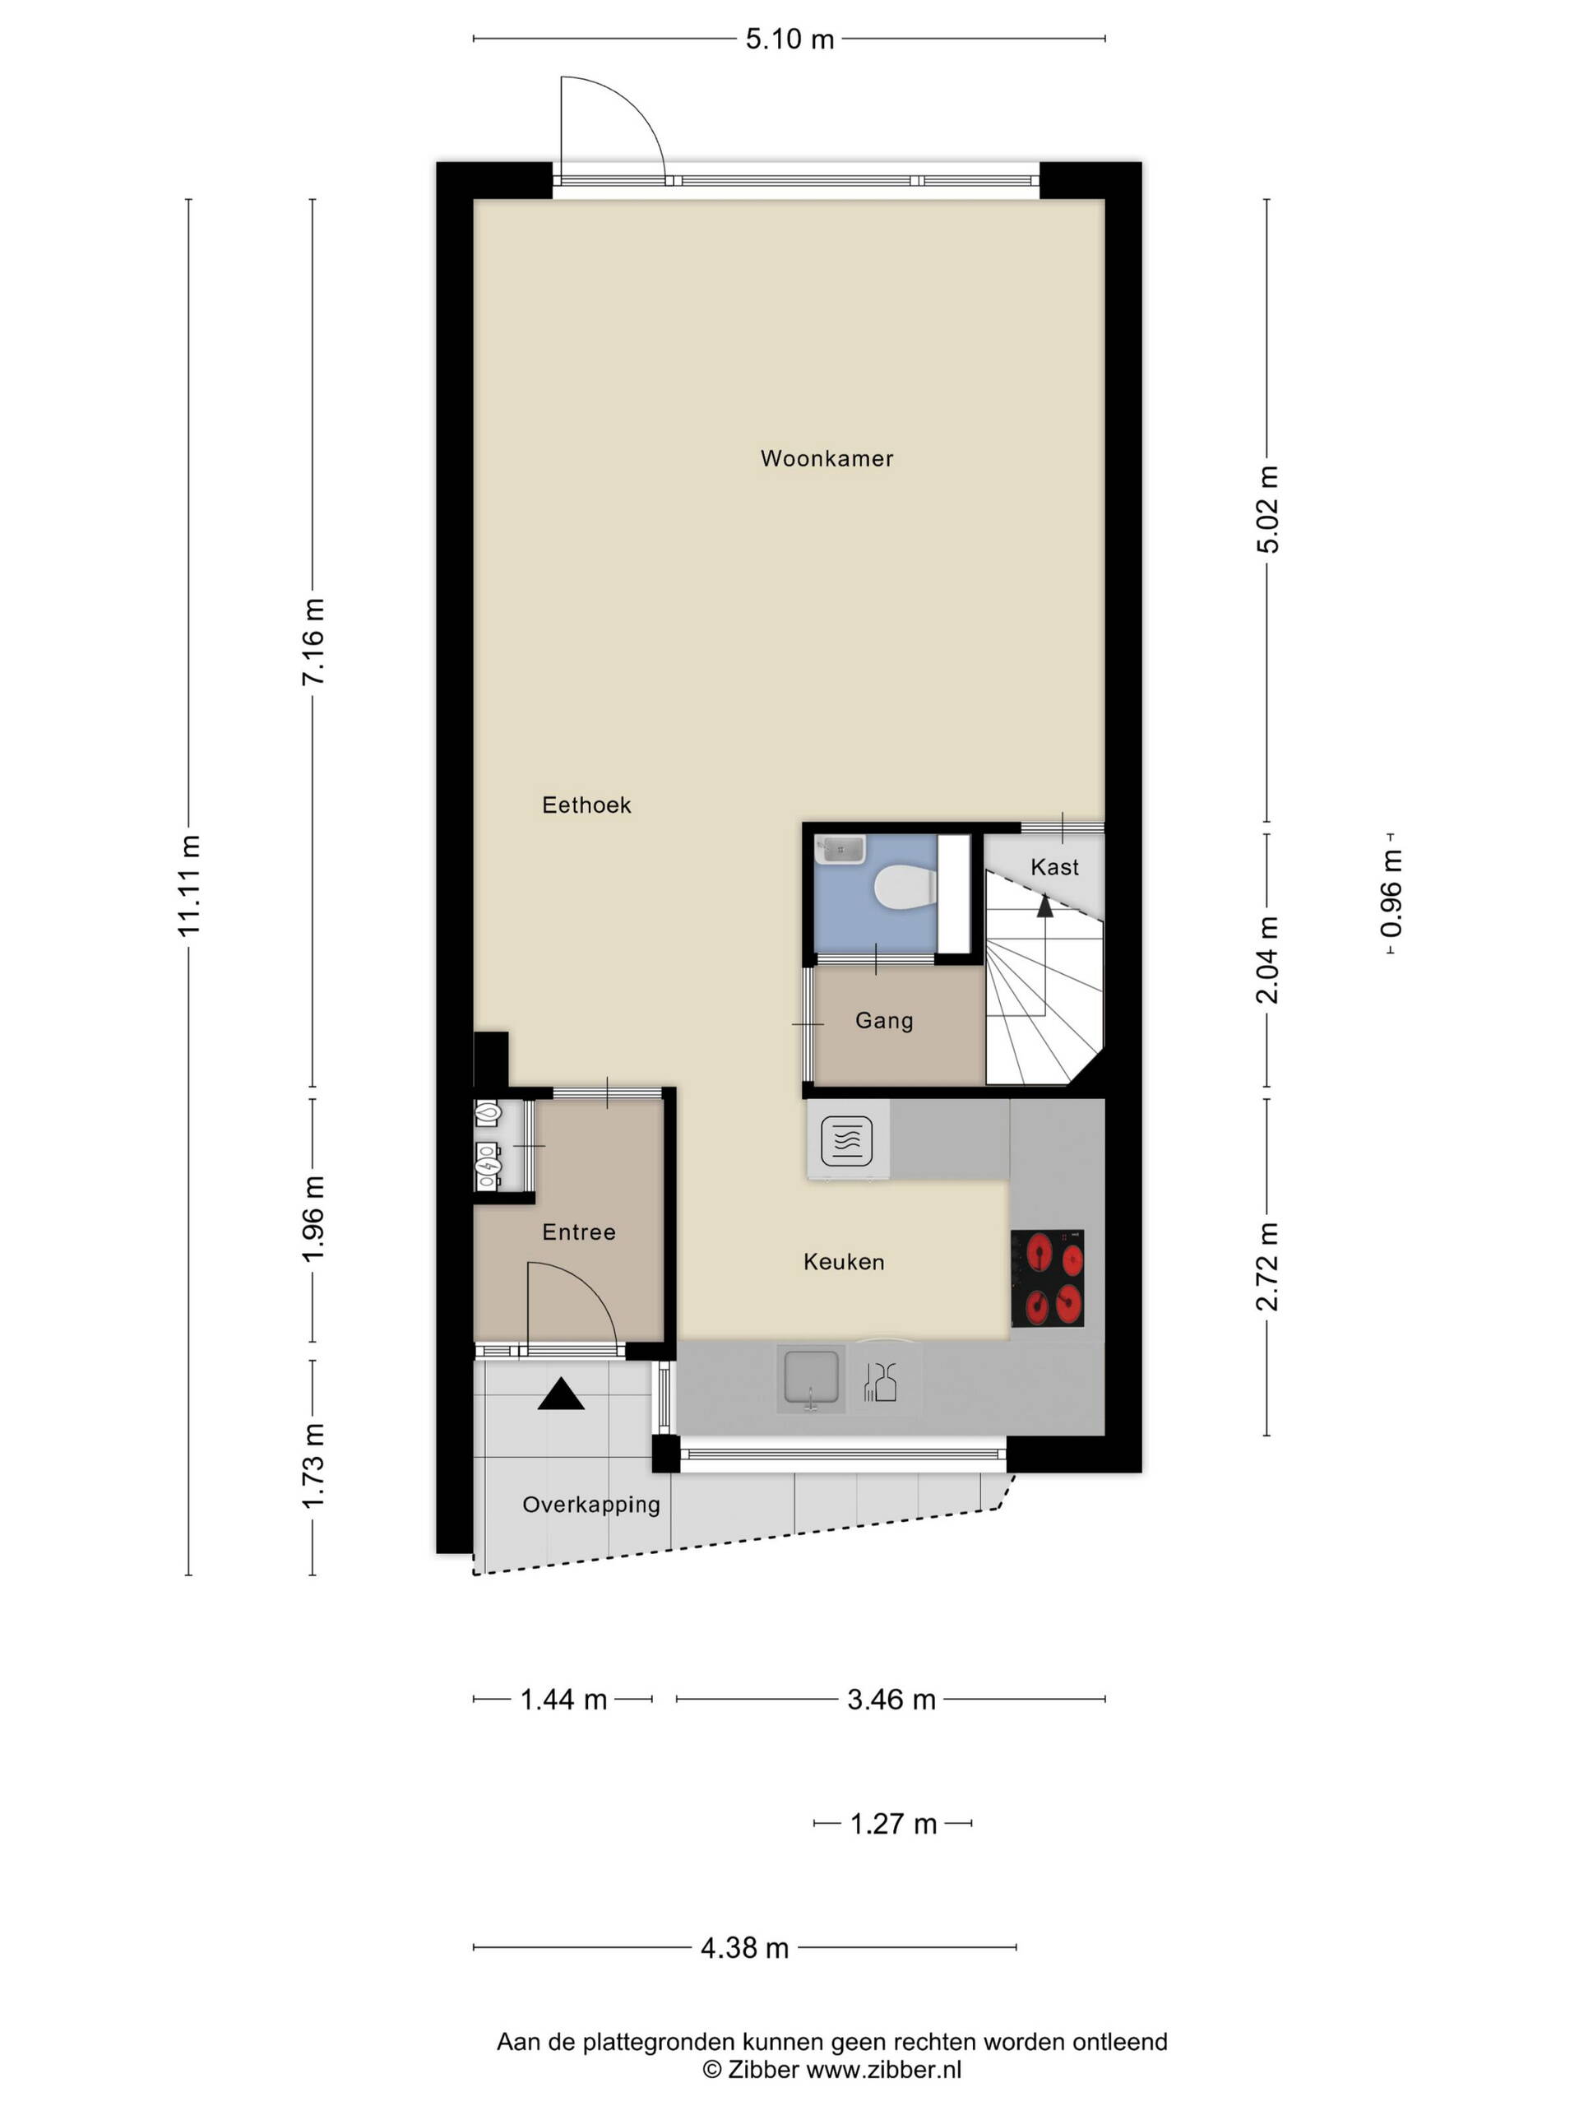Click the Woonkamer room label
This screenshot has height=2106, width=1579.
pyautogui.click(x=827, y=458)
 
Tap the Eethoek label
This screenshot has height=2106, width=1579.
pyautogui.click(x=586, y=805)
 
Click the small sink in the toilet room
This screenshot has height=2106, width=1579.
pyautogui.click(x=840, y=849)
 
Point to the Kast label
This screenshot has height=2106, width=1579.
pyautogui.click(x=1054, y=866)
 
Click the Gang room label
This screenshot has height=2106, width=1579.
pyautogui.click(x=884, y=1021)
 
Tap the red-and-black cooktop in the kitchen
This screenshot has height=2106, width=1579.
pyautogui.click(x=1047, y=1278)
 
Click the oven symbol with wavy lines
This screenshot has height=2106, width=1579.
pyautogui.click(x=846, y=1139)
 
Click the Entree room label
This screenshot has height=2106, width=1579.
pyautogui.click(x=579, y=1232)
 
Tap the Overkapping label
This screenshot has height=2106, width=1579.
pyautogui.click(x=591, y=1505)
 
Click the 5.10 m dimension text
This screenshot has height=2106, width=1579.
pyautogui.click(x=789, y=39)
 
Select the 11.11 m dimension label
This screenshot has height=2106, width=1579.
pyautogui.click(x=189, y=884)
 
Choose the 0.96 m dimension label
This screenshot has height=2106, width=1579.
pyautogui.click(x=1391, y=893)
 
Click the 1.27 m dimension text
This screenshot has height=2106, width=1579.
pyautogui.click(x=893, y=1823)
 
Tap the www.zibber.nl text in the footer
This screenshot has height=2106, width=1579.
pyautogui.click(x=883, y=2069)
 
